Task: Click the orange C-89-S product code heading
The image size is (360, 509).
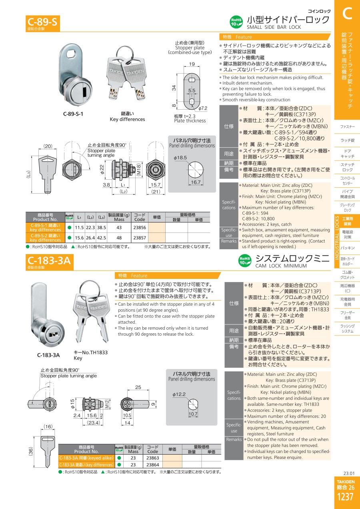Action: click(x=42, y=22)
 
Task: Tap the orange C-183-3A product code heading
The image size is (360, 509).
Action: click(x=49, y=261)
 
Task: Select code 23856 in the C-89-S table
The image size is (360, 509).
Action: click(x=140, y=227)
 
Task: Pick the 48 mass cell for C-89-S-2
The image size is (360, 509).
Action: click(x=119, y=238)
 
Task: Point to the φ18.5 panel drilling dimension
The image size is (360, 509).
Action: click(x=180, y=158)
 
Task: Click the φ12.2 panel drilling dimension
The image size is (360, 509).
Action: click(x=179, y=394)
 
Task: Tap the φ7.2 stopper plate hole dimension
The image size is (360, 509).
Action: click(x=202, y=108)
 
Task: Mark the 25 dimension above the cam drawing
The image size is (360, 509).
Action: click(x=138, y=387)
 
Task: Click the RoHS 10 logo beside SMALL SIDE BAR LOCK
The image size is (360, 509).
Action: click(x=236, y=22)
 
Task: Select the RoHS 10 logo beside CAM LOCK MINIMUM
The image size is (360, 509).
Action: click(x=245, y=261)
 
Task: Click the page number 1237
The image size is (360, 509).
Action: click(x=345, y=497)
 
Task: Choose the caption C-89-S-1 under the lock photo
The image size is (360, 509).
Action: click(x=73, y=114)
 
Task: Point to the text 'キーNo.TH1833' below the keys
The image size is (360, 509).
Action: click(x=91, y=353)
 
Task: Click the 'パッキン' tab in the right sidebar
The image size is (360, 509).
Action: click(x=347, y=248)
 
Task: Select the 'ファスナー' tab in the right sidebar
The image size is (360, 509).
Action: click(x=347, y=126)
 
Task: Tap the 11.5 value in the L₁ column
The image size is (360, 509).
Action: click(x=79, y=227)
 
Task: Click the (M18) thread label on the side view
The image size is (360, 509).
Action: click(x=139, y=170)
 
